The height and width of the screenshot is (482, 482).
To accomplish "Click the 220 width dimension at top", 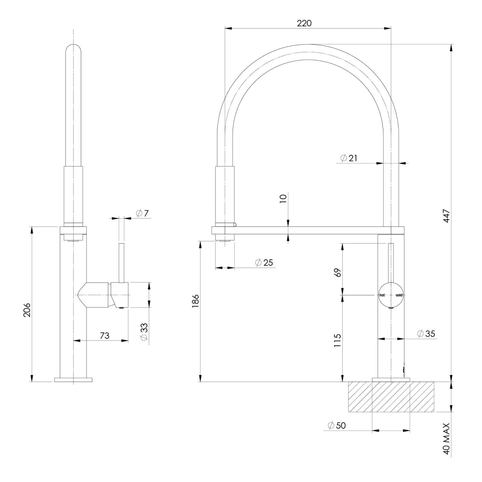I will tap(304, 23).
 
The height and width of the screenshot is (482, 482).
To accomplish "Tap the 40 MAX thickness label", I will tap(447, 439).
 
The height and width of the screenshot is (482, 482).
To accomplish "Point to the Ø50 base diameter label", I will tap(337, 426).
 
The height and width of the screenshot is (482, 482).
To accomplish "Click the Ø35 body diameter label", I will tap(426, 333).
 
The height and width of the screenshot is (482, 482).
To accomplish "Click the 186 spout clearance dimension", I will tap(195, 301).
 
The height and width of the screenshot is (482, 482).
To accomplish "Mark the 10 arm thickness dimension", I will tap(283, 199).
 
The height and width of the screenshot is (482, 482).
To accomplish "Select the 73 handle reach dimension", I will tap(104, 336).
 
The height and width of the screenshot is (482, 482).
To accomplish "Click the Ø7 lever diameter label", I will tap(142, 213).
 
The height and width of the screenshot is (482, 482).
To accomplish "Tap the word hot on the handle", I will tap(382, 295).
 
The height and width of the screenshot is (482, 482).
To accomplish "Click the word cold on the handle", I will tap(399, 295).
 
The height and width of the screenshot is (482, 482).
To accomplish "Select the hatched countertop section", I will tap(391, 397).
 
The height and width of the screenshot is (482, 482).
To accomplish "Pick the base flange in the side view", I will tap(73, 380).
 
